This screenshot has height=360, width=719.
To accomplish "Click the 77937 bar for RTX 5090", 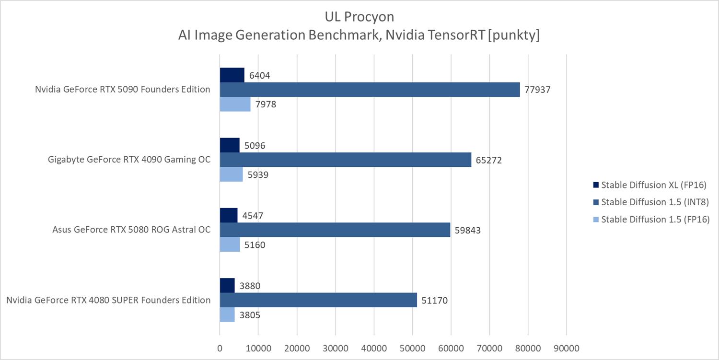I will point(370,90).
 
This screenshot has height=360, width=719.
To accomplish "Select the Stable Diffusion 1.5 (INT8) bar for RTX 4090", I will point(345,160).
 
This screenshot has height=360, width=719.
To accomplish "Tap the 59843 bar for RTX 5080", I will point(335,230).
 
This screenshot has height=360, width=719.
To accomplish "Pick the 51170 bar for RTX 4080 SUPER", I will point(318,300).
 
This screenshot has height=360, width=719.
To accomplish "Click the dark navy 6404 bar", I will point(232,75).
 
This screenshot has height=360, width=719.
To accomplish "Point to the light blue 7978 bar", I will point(235,104).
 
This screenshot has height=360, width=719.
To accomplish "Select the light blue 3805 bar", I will point(227,314).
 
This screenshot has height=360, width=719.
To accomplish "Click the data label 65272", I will point(488,160).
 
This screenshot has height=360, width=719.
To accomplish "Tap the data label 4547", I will point(252,216).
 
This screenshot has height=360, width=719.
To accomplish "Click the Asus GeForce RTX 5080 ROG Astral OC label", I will point(131,230).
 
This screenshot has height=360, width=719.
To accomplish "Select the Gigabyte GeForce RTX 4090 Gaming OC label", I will point(129,160).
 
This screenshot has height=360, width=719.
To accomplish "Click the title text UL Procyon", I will point(359,17).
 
